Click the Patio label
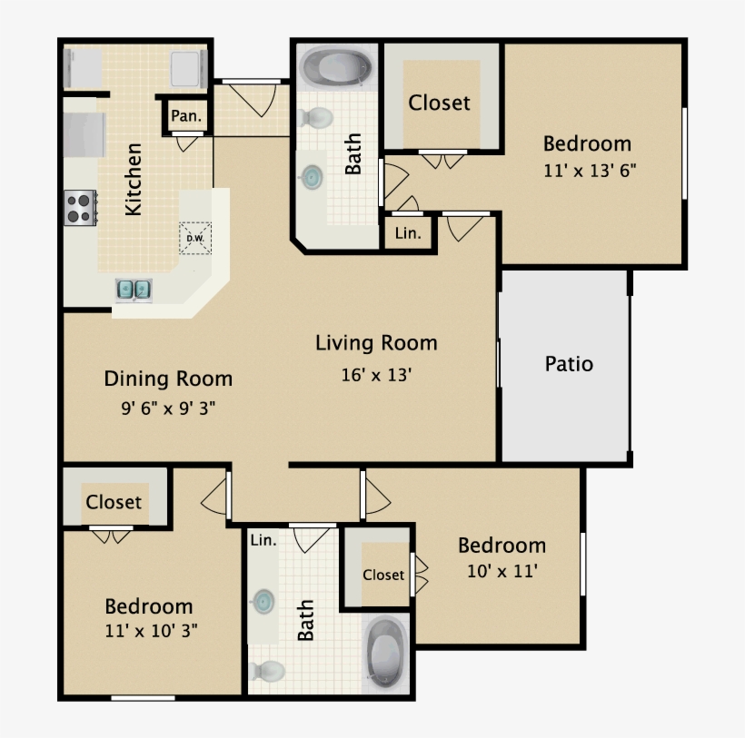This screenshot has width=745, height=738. [569, 364]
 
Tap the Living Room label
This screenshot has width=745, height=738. [376, 343]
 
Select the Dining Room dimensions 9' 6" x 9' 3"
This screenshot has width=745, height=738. [168, 408]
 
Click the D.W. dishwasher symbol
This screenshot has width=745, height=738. [194, 238]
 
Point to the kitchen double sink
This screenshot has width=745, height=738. [134, 290]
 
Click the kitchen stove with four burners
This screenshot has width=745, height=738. [79, 207]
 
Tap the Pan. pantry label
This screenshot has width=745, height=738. [186, 116]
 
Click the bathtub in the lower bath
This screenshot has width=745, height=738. [386, 651]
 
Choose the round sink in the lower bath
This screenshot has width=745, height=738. [263, 600]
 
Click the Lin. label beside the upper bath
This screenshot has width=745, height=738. [408, 233]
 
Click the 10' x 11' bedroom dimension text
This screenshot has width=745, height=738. [502, 571]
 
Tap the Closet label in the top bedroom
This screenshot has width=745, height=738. [440, 103]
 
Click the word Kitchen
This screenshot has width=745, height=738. [134, 179]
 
